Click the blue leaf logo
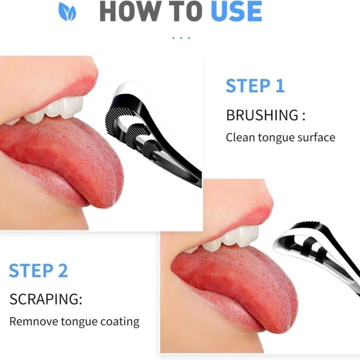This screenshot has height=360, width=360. [67, 11]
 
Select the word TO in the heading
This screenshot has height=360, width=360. [186, 11]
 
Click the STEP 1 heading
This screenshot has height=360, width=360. [255, 86]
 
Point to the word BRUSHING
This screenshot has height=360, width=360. [262, 115]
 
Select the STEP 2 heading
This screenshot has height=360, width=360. [39, 271]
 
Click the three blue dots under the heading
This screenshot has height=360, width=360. [181, 38]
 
